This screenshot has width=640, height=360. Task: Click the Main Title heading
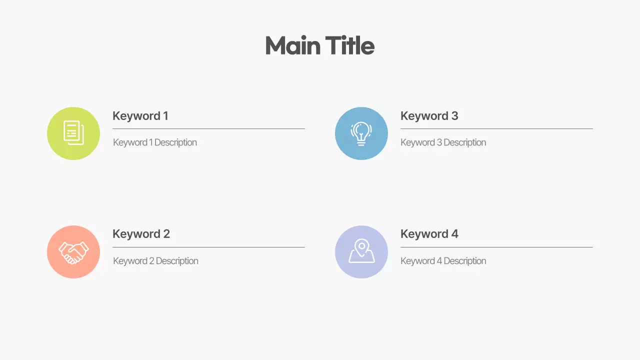[319, 45]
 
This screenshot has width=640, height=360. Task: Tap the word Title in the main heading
[349, 45]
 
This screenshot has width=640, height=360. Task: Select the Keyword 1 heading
[140, 116]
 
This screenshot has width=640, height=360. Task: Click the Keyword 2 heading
[141, 234]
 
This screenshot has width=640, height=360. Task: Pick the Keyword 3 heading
[429, 116]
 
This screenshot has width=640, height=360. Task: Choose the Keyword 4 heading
[429, 234]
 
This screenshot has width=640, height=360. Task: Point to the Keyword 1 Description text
[155, 142]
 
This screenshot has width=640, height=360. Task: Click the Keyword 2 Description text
[155, 261]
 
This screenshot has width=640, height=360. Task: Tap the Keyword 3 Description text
[443, 142]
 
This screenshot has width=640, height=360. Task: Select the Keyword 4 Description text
[443, 261]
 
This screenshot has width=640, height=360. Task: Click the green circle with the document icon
[73, 133]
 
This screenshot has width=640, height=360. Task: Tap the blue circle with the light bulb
[361, 133]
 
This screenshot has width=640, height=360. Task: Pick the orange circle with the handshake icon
[73, 252]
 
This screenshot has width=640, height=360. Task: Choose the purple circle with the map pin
[361, 252]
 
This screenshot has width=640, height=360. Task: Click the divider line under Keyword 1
[208, 129]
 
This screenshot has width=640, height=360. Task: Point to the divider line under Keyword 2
[208, 247]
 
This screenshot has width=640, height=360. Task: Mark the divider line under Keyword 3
[496, 129]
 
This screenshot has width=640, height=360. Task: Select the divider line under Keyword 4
[496, 247]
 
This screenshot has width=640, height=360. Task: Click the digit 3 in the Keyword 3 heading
[454, 116]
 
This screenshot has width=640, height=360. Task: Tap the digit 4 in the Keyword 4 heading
[454, 234]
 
